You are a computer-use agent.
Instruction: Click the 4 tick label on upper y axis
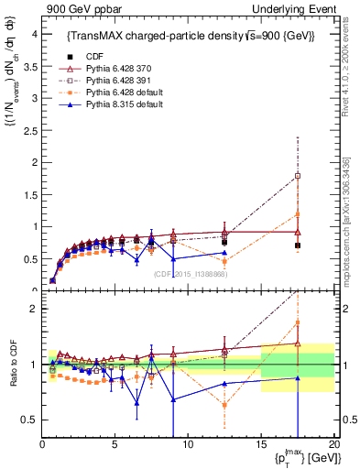[x=32, y=34]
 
